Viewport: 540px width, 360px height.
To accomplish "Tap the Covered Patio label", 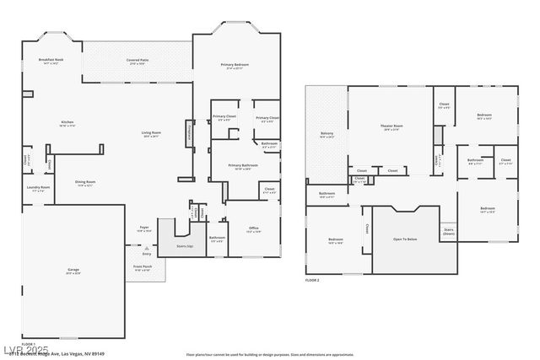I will click(138, 61).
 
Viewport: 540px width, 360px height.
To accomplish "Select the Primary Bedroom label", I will click(234, 66).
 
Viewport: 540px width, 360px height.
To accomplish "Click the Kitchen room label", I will click(67, 123).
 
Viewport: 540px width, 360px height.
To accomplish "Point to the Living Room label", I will click(152, 133).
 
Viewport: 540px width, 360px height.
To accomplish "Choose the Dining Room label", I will click(85, 182).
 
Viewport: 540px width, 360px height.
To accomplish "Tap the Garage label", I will click(73, 270).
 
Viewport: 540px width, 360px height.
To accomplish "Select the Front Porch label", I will click(142, 267).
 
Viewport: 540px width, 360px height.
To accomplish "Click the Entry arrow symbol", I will click(147, 248).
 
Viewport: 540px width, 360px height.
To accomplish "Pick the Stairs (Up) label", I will click(184, 246).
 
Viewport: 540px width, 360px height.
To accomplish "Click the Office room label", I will click(253, 228).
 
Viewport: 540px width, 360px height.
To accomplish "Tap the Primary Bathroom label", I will click(242, 166).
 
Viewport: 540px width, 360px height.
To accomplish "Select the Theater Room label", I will click(391, 126).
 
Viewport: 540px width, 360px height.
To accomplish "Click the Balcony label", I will click(327, 133).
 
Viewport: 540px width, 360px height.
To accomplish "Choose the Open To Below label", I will click(406, 239).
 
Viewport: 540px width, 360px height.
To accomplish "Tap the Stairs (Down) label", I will click(448, 230).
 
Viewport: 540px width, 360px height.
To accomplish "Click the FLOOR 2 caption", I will click(312, 279).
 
